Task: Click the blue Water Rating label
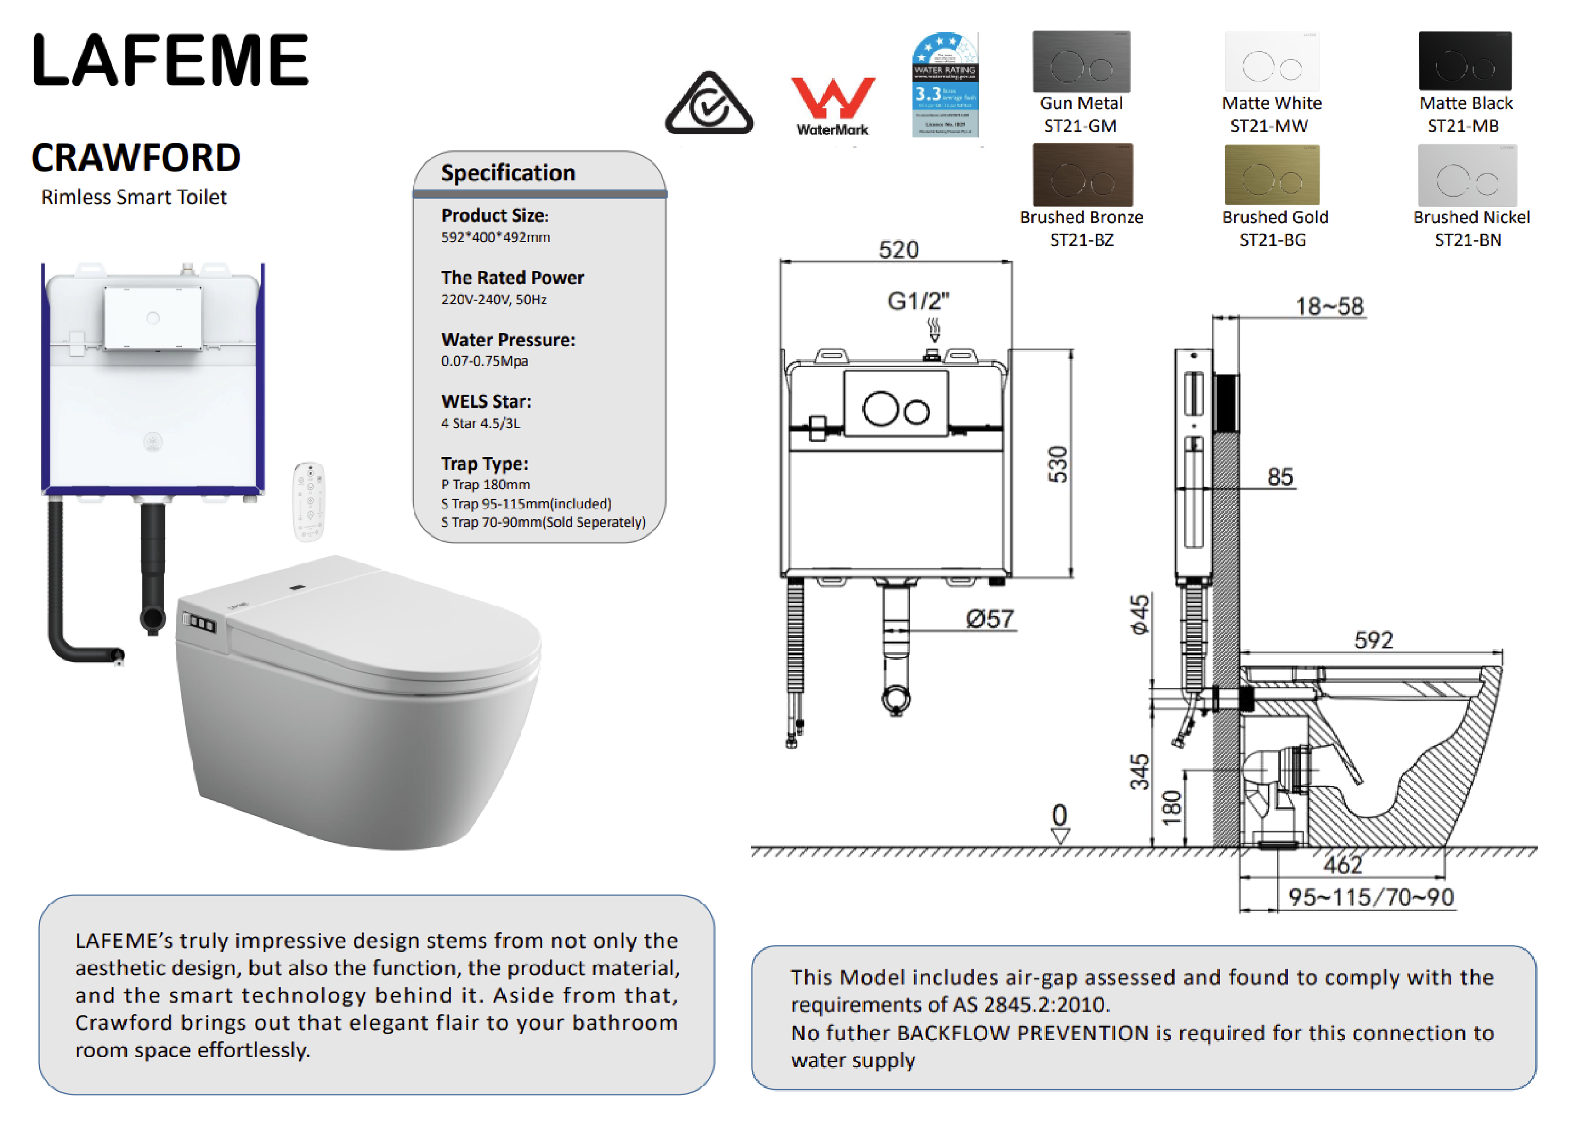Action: point(945,84)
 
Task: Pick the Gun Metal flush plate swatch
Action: point(1080,62)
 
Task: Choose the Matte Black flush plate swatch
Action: point(1465,61)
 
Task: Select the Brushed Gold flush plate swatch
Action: point(1272,175)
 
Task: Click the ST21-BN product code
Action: point(1468,240)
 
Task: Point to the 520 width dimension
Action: point(898,249)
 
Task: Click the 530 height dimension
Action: point(1057,464)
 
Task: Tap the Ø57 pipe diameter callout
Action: point(989,619)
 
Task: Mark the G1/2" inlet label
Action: point(918,301)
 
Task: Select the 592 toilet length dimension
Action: point(1373,640)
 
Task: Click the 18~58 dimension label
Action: point(1329,306)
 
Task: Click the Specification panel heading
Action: point(508,172)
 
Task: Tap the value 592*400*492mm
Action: point(495,238)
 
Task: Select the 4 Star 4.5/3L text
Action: point(481,424)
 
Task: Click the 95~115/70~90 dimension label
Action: point(1370,896)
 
